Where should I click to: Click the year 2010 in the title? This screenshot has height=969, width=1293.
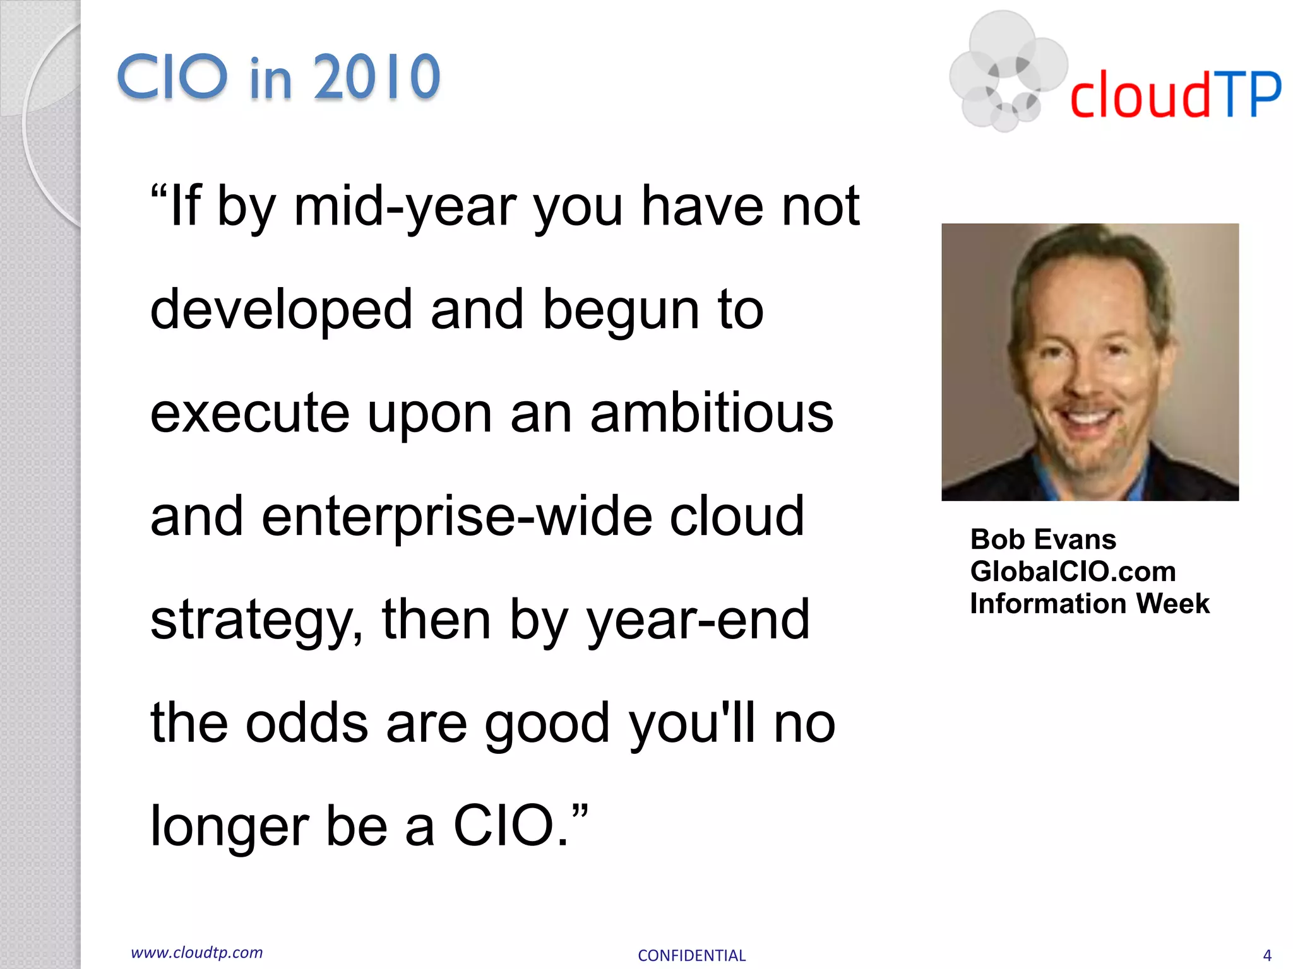pyautogui.click(x=376, y=78)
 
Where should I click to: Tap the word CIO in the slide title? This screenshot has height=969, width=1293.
pyautogui.click(x=172, y=78)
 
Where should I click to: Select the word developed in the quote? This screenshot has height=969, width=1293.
pyautogui.click(x=282, y=310)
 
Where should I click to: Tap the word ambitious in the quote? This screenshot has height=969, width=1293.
pyautogui.click(x=712, y=414)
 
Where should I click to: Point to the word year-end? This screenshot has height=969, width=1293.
pyautogui.click(x=698, y=621)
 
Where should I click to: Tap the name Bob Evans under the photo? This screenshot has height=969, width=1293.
pyautogui.click(x=1043, y=539)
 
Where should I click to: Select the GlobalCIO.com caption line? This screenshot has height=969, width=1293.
pyautogui.click(x=1073, y=572)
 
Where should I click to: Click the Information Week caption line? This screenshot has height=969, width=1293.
pyautogui.click(x=1089, y=604)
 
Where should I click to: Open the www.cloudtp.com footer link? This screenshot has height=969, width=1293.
pyautogui.click(x=196, y=953)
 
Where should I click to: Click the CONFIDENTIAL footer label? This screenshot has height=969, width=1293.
pyautogui.click(x=691, y=956)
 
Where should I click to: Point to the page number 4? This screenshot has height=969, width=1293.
pyautogui.click(x=1266, y=956)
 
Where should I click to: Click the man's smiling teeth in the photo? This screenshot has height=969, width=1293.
pyautogui.click(x=1087, y=418)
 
